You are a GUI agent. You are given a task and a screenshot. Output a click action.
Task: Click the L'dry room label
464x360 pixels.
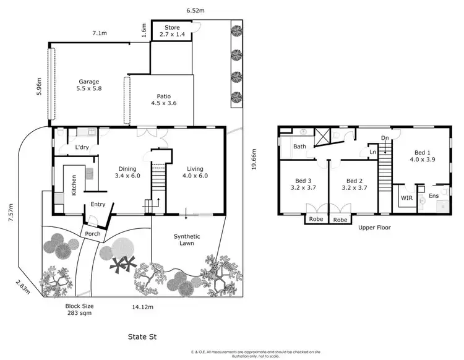pos(82,148)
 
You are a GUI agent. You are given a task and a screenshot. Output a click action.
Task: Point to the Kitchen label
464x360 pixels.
pos(74,185)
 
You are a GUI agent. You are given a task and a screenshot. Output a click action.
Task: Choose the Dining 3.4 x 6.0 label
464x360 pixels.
pos(127,171)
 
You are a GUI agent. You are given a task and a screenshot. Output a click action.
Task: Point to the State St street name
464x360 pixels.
pos(143,338)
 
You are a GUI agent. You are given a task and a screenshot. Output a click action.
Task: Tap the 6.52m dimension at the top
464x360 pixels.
pos(197,10)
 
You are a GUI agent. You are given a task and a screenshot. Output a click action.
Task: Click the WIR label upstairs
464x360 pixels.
pos(406,198)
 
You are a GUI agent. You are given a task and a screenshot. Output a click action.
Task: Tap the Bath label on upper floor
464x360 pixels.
pos(300,147)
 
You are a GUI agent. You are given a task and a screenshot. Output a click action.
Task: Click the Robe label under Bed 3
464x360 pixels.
pos(316,220)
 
